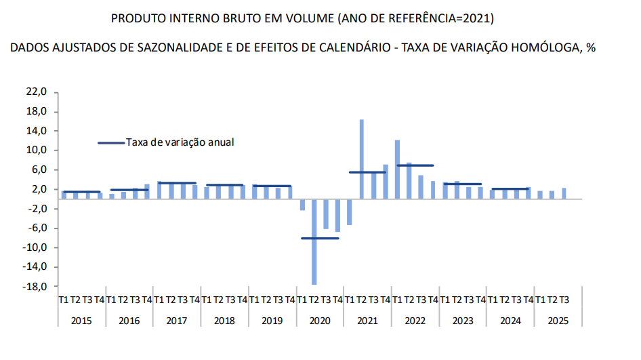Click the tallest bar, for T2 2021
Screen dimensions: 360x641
click(362, 159)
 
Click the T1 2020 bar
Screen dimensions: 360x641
click(302, 205)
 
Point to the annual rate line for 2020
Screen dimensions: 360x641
click(320, 238)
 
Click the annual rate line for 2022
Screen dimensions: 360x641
click(415, 165)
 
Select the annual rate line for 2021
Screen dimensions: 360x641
click(367, 172)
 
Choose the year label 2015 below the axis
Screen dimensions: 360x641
click(81, 320)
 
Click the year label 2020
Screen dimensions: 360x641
click(320, 320)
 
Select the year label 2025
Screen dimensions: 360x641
click(558, 320)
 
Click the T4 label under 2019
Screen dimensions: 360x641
click(290, 300)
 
